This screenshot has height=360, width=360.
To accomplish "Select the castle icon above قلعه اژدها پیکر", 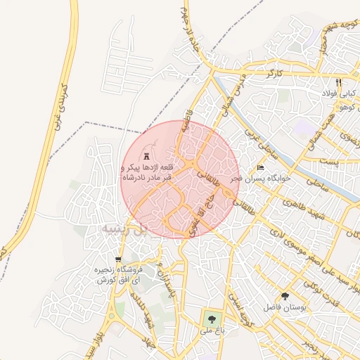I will tap(146, 155).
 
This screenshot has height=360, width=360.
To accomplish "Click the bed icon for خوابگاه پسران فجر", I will tap(261, 168).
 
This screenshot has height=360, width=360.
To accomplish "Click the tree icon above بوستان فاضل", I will tap(285, 296).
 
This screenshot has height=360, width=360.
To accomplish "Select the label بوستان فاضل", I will tap(282, 308).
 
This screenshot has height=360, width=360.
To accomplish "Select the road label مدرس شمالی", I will tap(230, 95).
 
